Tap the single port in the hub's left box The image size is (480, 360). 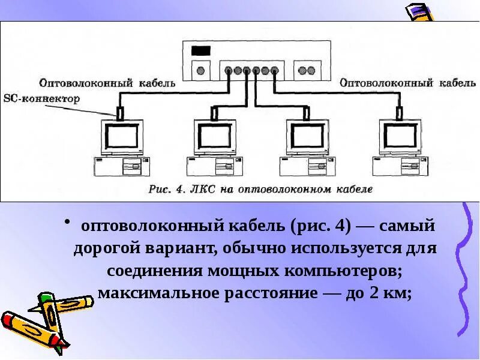[200, 70]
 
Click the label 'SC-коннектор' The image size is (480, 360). [41, 99]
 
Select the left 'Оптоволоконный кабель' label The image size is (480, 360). [107, 83]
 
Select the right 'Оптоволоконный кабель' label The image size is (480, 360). [386, 83]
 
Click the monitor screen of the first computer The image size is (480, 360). [122, 136]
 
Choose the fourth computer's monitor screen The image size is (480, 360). [401, 136]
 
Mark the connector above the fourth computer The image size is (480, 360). [399, 112]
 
